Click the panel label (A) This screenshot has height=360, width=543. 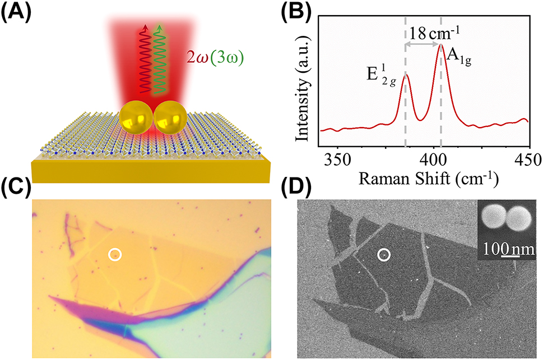click(15, 12)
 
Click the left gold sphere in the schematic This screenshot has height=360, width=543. click(135, 118)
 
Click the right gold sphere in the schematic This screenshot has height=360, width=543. click(170, 118)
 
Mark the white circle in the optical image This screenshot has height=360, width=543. click(115, 255)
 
